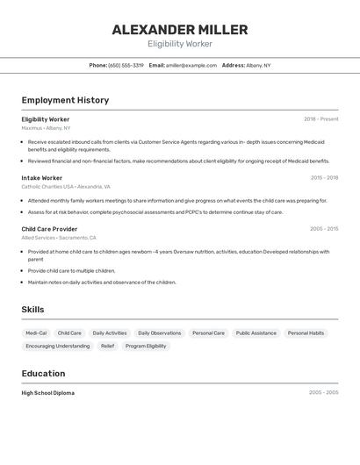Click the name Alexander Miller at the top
180,30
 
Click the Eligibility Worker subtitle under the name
180,44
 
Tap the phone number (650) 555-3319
126,65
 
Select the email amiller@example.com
191,65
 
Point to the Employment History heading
65,100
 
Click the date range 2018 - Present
320,119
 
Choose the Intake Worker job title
42,178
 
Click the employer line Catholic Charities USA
66,187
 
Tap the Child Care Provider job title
49,229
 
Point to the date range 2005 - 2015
323,229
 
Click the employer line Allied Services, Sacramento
59,238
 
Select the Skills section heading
32,310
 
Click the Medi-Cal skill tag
36,333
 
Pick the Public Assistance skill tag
256,333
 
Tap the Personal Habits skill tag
306,333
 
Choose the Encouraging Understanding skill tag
57,346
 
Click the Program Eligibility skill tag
146,346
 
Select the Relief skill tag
107,346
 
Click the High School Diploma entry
48,393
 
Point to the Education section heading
43,374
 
